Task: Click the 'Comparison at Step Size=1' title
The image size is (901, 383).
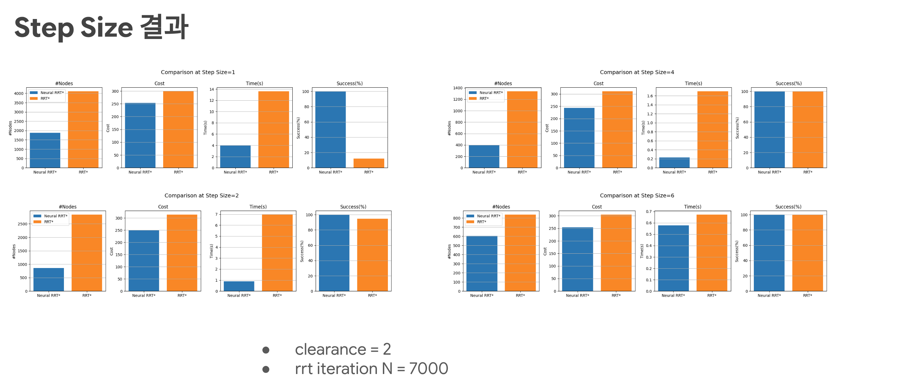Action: pyautogui.click(x=198, y=72)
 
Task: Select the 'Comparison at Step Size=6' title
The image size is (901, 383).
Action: pyautogui.click(x=637, y=195)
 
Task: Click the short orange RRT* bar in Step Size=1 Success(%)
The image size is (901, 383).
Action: pyautogui.click(x=369, y=163)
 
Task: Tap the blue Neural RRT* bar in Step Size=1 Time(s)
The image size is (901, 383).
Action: pyautogui.click(x=235, y=156)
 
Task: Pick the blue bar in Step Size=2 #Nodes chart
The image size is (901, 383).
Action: pyautogui.click(x=49, y=279)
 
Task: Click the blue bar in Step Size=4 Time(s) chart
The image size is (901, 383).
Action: pyautogui.click(x=674, y=162)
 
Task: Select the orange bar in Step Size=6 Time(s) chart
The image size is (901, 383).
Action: pyautogui.click(x=712, y=253)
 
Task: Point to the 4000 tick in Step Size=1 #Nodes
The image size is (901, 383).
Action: pyautogui.click(x=19, y=93)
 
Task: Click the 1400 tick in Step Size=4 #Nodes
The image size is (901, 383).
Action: pyautogui.click(x=458, y=88)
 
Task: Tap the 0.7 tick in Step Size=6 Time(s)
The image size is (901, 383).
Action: pyautogui.click(x=649, y=212)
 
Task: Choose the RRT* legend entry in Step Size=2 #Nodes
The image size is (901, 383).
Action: pyautogui.click(x=49, y=222)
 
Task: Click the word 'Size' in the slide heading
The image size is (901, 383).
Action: pyautogui.click(x=107, y=28)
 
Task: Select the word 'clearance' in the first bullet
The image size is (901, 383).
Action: pyautogui.click(x=330, y=349)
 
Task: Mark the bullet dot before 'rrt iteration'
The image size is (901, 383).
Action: pyautogui.click(x=266, y=369)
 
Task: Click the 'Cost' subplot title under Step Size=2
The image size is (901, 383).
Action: pyautogui.click(x=163, y=207)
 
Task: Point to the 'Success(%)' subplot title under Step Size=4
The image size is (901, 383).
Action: pyautogui.click(x=788, y=83)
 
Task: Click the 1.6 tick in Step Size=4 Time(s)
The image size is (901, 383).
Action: pyautogui.click(x=650, y=96)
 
